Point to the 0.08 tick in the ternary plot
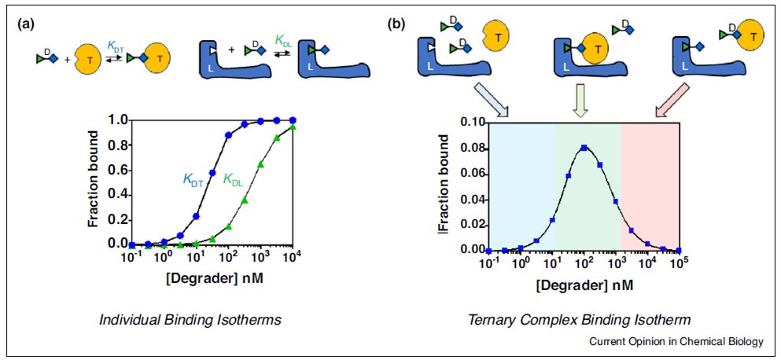(x=467, y=147)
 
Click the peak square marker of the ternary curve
(x=584, y=148)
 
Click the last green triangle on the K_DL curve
(x=293, y=127)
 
